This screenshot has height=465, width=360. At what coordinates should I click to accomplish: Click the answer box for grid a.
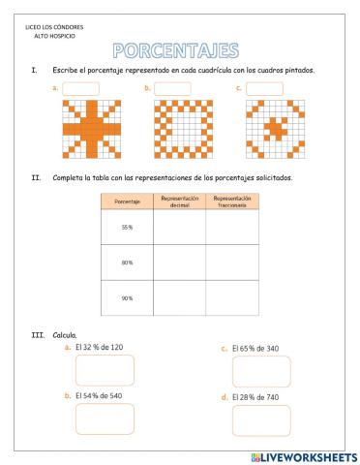pyautogui.click(x=81, y=88)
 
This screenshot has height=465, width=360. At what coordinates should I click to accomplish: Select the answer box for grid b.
pyautogui.click(x=172, y=88)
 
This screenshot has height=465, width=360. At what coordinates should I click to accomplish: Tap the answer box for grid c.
pyautogui.click(x=263, y=88)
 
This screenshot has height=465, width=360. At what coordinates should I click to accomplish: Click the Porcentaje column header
pyautogui.click(x=127, y=201)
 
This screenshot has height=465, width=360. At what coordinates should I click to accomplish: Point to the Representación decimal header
pyautogui.click(x=179, y=201)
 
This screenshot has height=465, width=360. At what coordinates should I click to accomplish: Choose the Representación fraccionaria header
pyautogui.click(x=232, y=201)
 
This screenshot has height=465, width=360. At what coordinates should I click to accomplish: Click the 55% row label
pyautogui.click(x=127, y=228)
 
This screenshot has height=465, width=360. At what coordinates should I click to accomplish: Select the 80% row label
pyautogui.click(x=127, y=263)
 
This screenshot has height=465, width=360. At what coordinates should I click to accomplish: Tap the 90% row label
pyautogui.click(x=127, y=298)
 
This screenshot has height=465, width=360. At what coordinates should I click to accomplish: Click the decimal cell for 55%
pyautogui.click(x=179, y=228)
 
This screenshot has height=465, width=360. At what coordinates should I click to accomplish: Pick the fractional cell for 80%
pyautogui.click(x=232, y=263)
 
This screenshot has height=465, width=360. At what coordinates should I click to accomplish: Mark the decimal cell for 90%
pyautogui.click(x=179, y=298)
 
